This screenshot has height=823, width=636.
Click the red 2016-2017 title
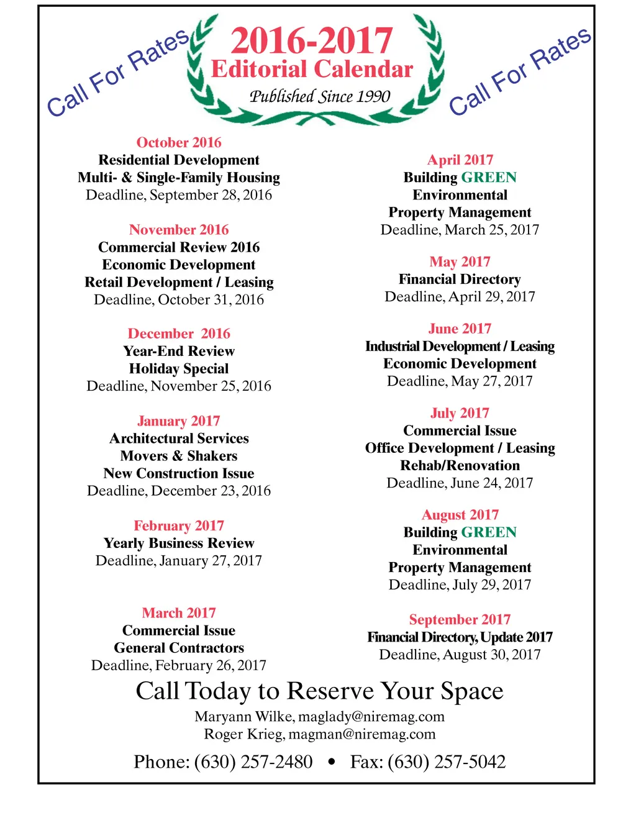pos(311,40)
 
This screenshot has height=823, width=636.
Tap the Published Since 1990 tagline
pos(319,96)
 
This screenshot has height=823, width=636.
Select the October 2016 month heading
pos(179,142)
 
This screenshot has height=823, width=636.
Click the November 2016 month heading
pos(179,230)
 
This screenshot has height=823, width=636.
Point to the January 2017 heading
pos(179,421)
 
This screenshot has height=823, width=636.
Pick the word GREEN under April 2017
pos(489,178)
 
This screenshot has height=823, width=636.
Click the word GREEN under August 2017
pos(489,532)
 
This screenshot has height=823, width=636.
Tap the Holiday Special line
pos(179,369)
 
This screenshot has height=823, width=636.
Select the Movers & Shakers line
pos(179,456)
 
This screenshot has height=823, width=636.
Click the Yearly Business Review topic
pos(179,543)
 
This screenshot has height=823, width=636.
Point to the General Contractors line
pos(179,648)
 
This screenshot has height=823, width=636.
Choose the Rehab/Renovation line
pos(460,466)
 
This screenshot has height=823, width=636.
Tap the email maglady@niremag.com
pos(371,717)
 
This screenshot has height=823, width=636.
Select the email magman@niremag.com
pos(362,734)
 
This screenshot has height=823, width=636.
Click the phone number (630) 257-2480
pos(253,762)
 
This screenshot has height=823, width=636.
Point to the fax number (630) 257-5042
pos(447,762)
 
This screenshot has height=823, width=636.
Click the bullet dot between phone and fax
pos(332,762)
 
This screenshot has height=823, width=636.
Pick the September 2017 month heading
pos(460,620)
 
